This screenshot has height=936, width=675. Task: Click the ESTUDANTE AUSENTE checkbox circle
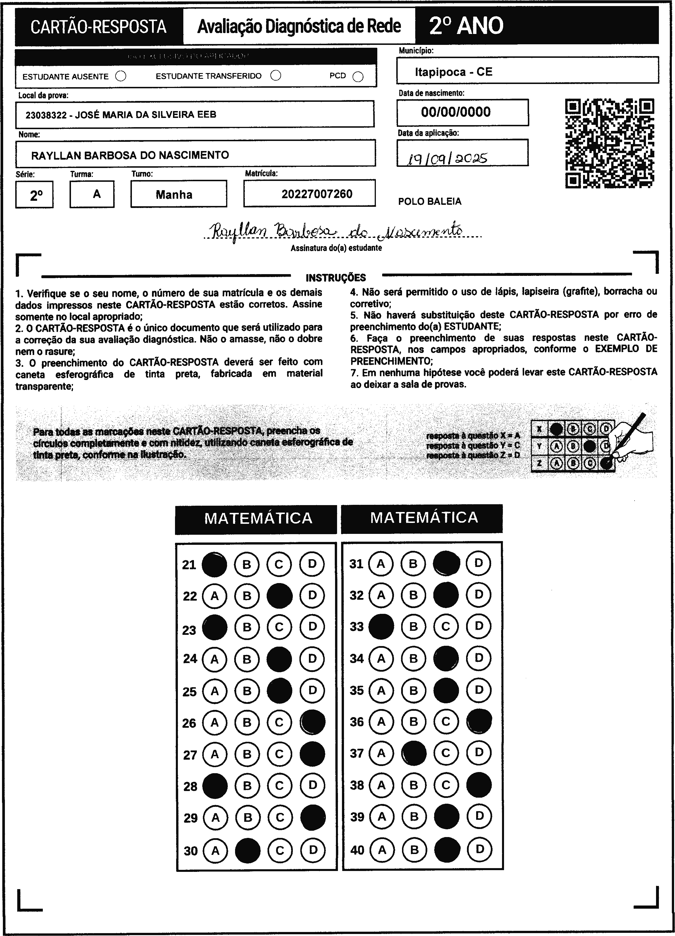(x=121, y=76)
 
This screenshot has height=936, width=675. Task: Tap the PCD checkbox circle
(x=358, y=77)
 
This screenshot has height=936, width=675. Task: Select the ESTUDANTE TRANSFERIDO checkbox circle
(x=276, y=76)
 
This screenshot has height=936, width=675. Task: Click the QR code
(x=609, y=143)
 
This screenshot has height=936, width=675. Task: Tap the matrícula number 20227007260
(x=317, y=194)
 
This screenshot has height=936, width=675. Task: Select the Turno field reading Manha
(x=174, y=194)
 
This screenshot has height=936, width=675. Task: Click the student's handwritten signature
(x=336, y=232)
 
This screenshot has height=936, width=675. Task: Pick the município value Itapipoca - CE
(x=453, y=72)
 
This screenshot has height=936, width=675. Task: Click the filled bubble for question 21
(x=214, y=564)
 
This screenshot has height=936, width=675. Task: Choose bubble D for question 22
(x=312, y=595)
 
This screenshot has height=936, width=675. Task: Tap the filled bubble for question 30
(x=247, y=850)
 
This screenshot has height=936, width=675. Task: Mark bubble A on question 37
(x=381, y=753)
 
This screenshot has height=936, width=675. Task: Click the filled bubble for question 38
(x=479, y=785)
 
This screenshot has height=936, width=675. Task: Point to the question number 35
(x=357, y=690)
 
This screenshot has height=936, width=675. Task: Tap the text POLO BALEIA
(x=430, y=201)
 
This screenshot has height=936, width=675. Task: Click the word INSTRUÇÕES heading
(x=336, y=278)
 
